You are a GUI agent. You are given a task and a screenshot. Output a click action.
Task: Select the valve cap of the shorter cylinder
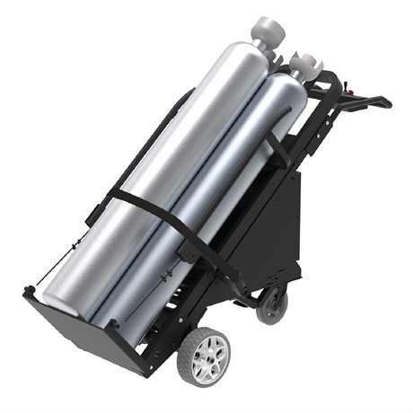coord(308,65)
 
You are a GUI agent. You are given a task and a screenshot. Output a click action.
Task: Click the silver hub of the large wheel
coord(206,352)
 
